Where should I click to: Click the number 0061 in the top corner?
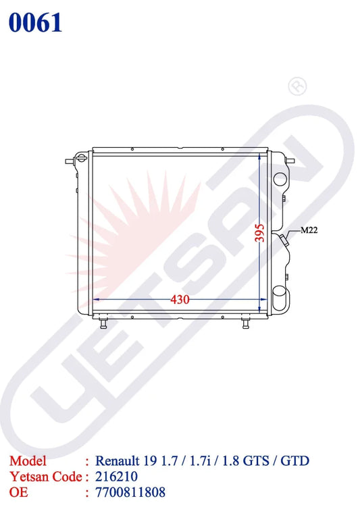tap(35, 23)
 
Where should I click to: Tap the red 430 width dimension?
tap(180, 299)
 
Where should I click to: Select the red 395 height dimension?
tap(259, 233)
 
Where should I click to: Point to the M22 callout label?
tap(309, 230)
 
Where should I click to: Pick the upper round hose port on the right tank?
tap(280, 179)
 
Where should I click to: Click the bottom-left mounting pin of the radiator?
tap(103, 323)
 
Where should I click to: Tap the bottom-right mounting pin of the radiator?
tap(246, 323)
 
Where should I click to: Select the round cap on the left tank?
tap(81, 159)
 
